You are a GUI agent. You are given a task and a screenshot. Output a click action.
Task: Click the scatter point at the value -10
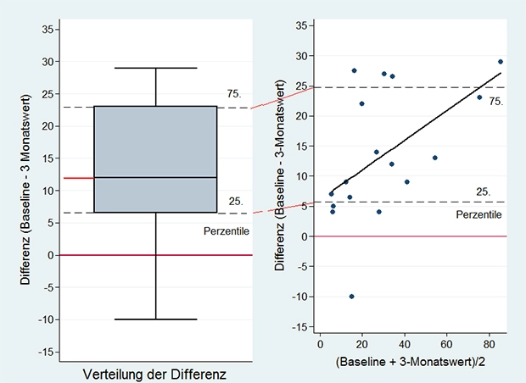coord(351,296)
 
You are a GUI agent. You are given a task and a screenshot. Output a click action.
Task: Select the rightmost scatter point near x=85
coord(501,62)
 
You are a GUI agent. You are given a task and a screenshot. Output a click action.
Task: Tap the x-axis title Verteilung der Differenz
coord(156,374)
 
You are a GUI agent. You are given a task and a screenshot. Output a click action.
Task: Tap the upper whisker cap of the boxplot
coord(156,68)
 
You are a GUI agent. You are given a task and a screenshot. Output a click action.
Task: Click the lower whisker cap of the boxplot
coord(156,319)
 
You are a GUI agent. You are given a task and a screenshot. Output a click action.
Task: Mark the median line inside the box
coord(156,177)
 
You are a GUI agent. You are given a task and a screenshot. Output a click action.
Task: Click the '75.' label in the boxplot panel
coord(235,94)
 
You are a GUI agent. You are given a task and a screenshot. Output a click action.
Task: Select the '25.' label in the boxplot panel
coord(236,202)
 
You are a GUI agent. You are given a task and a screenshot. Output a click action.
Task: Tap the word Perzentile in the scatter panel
coord(479,214)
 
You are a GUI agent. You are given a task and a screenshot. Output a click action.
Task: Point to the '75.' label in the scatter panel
coord(496,101)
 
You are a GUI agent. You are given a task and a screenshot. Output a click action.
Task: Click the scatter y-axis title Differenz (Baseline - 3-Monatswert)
coord(281,176)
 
